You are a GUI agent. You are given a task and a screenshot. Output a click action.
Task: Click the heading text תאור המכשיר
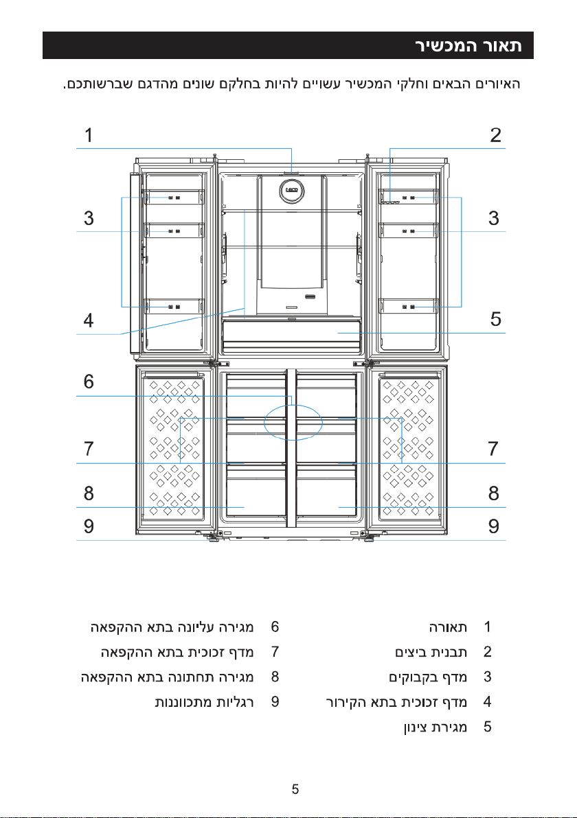pyautogui.click(x=469, y=45)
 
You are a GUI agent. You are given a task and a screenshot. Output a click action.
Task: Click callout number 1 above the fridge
pyautogui.click(x=89, y=135)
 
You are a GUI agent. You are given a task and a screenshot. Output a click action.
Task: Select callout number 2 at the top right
pyautogui.click(x=495, y=135)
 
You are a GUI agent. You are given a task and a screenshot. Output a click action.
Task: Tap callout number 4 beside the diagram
pyautogui.click(x=89, y=320)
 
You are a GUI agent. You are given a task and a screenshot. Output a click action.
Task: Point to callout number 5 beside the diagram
pyautogui.click(x=495, y=318)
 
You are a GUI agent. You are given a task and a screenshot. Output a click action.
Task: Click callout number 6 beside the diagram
pyautogui.click(x=89, y=382)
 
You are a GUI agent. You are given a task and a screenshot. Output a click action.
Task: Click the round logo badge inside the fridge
pyautogui.click(x=291, y=190)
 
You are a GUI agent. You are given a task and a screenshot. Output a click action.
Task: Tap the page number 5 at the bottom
pyautogui.click(x=295, y=789)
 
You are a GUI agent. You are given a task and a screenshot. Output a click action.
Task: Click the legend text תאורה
pyautogui.click(x=448, y=627)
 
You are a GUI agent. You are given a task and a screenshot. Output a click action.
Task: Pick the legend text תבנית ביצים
pyautogui.click(x=431, y=651)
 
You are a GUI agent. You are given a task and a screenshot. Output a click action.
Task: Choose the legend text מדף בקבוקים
pyautogui.click(x=428, y=677)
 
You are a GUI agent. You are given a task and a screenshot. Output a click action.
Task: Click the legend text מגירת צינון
pyautogui.click(x=435, y=727)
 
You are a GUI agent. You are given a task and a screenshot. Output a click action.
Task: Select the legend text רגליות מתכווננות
pyautogui.click(x=204, y=702)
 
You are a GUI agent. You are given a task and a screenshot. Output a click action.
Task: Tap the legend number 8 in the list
pyautogui.click(x=275, y=677)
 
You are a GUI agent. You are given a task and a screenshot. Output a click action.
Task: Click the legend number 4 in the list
pyautogui.click(x=487, y=701)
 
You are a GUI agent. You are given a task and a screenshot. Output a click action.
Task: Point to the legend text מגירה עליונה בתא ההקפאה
pyautogui.click(x=172, y=627)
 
